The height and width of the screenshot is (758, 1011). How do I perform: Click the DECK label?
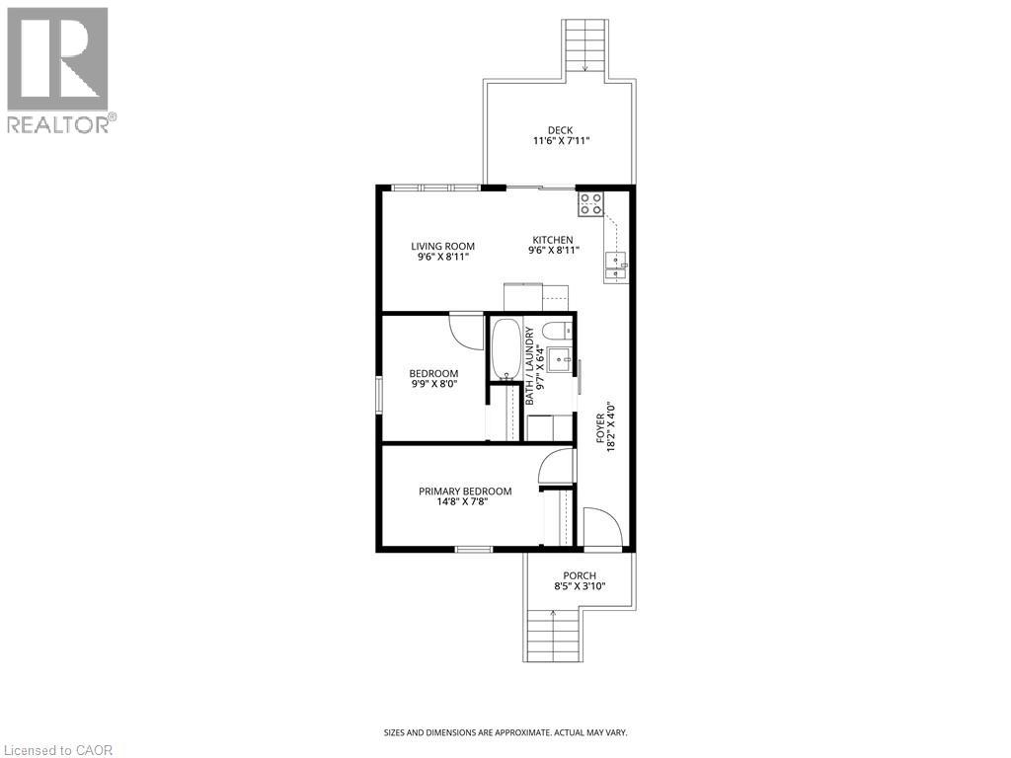pyautogui.click(x=561, y=129)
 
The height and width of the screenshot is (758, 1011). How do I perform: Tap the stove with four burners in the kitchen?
pyautogui.click(x=591, y=204)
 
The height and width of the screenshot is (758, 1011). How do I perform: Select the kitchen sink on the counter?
pyautogui.click(x=617, y=261)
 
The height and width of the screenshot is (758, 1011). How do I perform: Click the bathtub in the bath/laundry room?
pyautogui.click(x=505, y=348)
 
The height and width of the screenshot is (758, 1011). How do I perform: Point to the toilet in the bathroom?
pyautogui.click(x=558, y=330)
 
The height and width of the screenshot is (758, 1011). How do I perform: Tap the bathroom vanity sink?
pyautogui.click(x=560, y=358)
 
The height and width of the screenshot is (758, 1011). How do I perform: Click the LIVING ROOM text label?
pyautogui.click(x=443, y=246)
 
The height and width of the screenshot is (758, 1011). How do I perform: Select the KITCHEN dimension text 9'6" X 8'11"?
pyautogui.click(x=553, y=251)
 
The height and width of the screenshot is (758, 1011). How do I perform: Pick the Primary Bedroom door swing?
pyautogui.click(x=558, y=464)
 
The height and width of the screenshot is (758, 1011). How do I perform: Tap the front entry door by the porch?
pyautogui.click(x=600, y=528)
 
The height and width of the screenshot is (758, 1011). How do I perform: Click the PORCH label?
pyautogui.click(x=580, y=576)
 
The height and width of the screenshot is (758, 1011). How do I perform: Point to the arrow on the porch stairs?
pyautogui.click(x=553, y=615)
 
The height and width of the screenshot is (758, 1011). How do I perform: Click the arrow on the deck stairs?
pyautogui.click(x=585, y=67)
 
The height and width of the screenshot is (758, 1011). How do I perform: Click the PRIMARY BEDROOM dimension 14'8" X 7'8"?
pyautogui.click(x=465, y=502)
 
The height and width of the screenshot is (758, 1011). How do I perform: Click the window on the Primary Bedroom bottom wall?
pyautogui.click(x=474, y=549)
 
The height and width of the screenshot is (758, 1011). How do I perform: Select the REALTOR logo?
pyautogui.click(x=58, y=70)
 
